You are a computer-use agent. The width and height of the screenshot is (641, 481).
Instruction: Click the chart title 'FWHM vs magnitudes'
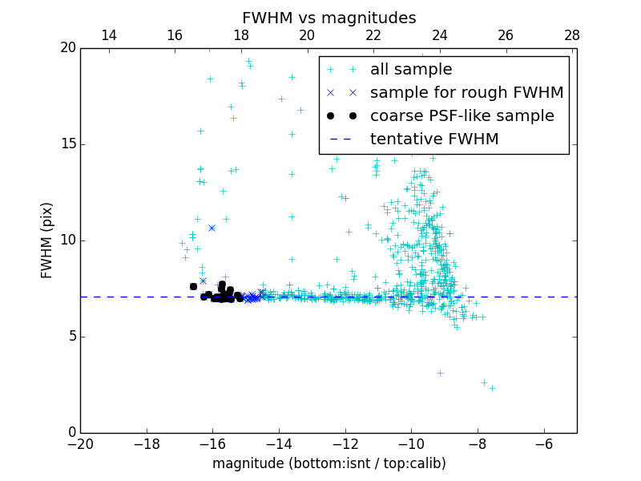pos(329,18)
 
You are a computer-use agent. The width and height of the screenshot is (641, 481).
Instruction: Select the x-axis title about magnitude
pos(329,463)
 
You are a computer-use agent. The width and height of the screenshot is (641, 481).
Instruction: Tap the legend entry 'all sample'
pos(410,70)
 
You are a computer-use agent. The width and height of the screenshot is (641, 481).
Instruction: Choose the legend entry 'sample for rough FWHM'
pos(466,93)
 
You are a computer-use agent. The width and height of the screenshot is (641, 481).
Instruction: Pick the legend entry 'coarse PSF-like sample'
pos(462,116)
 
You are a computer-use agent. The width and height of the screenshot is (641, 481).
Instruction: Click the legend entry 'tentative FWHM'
pos(433,139)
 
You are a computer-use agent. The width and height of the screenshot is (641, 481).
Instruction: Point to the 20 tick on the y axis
pos(67,48)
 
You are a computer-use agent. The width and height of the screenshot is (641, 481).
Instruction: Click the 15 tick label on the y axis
pos(67,144)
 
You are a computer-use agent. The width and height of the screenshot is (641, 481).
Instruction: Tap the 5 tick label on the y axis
pos(71,337)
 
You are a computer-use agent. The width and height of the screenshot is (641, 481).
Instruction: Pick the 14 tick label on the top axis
pos(108,35)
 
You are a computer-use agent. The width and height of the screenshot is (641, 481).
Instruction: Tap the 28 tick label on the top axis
pos(571,35)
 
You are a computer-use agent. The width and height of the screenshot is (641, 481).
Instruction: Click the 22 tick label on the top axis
pos(373,35)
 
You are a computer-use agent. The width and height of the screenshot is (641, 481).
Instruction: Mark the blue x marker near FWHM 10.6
pos(212,228)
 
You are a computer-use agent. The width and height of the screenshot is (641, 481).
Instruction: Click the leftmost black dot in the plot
pos(193,286)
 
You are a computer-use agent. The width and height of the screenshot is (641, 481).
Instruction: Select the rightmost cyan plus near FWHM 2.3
pos(492,388)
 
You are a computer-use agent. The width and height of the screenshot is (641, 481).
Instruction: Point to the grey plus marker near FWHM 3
pos(440,373)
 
